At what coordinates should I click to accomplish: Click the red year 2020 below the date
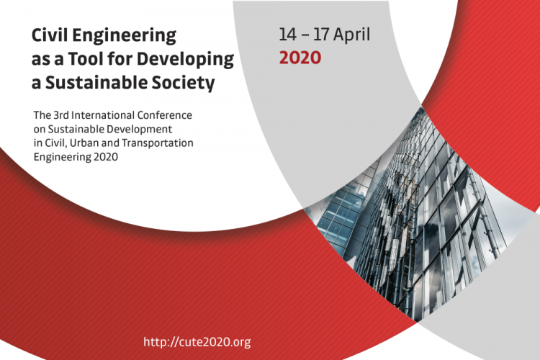(300, 58)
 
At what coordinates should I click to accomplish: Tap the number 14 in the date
(287, 35)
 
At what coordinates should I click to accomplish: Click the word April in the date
(351, 35)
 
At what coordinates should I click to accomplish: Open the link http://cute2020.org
(197, 342)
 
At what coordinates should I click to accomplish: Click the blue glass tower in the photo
(340, 217)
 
